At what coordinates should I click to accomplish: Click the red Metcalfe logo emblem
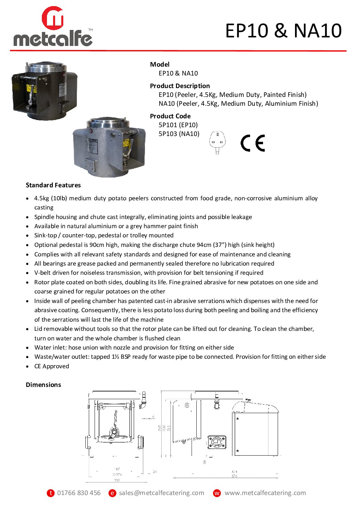53,18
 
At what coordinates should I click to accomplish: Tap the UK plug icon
217,142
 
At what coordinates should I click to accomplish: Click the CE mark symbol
252,143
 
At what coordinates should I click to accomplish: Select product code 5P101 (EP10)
178,125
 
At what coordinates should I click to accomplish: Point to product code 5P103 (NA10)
179,134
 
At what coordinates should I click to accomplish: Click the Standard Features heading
53,185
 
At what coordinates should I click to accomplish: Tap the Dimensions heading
44,385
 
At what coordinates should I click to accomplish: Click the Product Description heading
180,86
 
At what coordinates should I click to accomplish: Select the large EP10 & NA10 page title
283,31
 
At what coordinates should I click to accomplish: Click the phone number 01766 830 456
79,493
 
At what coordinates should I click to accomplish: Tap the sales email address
161,493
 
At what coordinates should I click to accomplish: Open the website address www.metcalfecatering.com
265,493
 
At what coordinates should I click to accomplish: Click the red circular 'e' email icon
112,493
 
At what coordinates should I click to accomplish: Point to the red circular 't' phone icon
51,493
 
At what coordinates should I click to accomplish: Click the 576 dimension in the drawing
234,476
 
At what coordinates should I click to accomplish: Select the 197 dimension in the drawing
117,469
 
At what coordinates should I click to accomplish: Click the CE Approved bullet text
52,366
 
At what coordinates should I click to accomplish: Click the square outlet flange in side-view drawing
216,442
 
